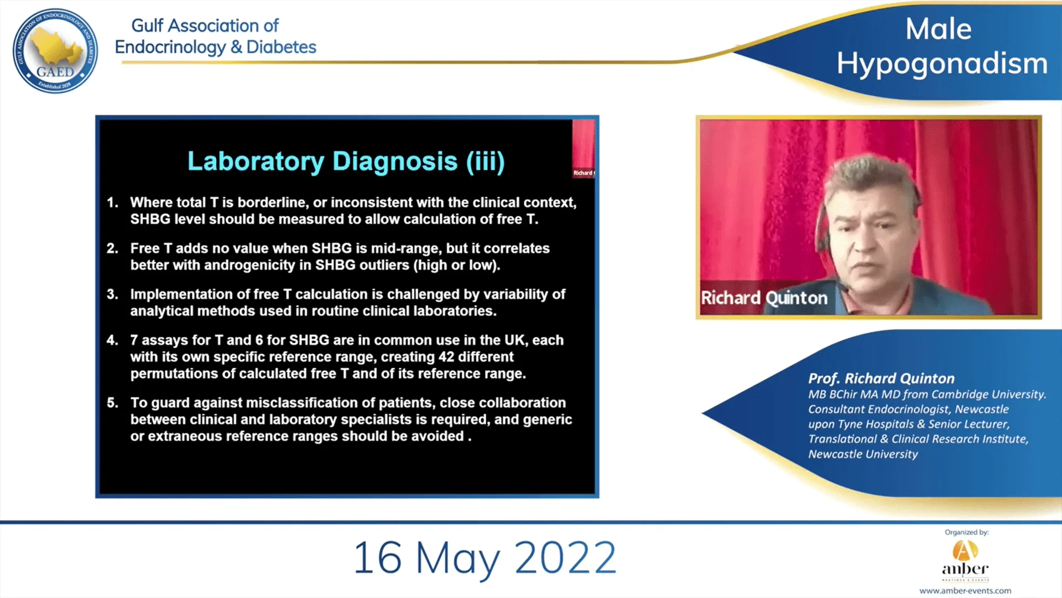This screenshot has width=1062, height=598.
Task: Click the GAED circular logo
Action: tap(55, 51)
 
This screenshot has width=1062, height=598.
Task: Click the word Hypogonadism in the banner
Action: tap(942, 64)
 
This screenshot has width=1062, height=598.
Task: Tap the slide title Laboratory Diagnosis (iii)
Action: tap(346, 162)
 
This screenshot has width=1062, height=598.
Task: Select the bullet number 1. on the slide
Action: tap(112, 203)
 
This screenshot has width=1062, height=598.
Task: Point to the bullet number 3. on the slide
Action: tap(112, 295)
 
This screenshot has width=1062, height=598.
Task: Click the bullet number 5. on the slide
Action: tap(112, 403)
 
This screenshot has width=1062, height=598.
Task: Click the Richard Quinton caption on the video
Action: tap(764, 298)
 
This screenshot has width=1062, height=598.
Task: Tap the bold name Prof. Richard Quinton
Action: tap(882, 379)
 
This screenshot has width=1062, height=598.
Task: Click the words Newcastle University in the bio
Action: tap(863, 454)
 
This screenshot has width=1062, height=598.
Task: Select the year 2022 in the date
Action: tap(565, 558)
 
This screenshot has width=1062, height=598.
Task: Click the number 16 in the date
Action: tap(377, 558)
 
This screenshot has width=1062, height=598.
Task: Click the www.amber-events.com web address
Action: tap(965, 591)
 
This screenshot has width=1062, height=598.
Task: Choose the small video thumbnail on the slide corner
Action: tap(584, 148)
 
